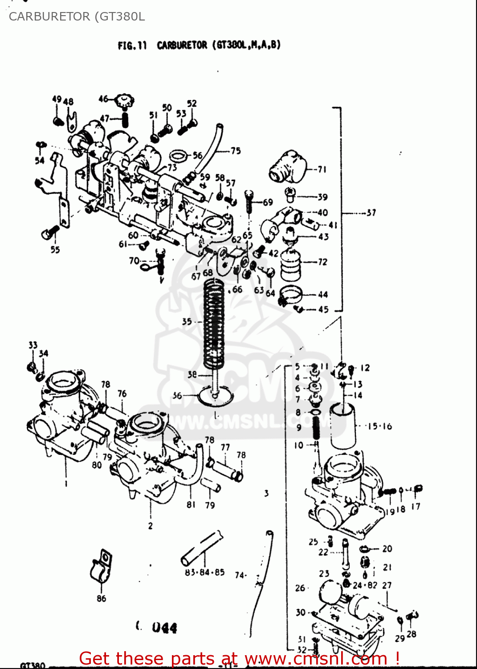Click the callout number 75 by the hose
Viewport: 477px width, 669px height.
pos(236,151)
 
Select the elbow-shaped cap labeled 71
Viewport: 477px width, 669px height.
pos(288,167)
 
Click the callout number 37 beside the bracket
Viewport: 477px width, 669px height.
pos(371,213)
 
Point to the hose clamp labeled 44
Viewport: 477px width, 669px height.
pos(291,294)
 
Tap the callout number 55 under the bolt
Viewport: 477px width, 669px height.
pos(55,249)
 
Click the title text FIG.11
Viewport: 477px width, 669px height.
pos(132,45)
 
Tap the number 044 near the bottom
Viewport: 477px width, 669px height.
pos(164,628)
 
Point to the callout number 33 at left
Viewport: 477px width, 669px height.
pos(33,345)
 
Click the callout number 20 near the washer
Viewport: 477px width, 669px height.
pos(387,549)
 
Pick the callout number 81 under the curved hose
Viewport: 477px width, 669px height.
pos(191,504)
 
